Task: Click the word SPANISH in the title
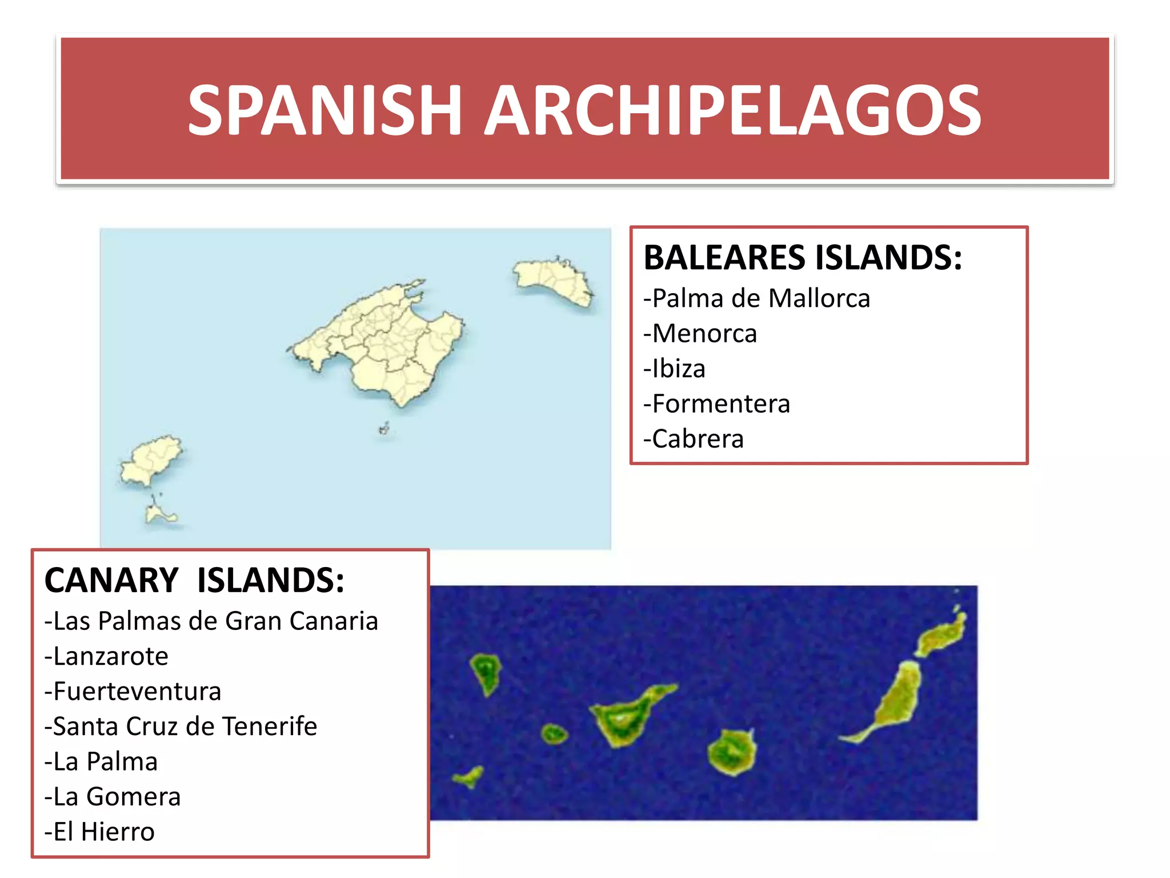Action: (324, 110)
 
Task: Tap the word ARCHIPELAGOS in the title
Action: (733, 110)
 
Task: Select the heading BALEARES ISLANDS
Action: (803, 257)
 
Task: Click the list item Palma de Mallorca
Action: (757, 298)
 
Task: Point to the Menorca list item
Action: (700, 334)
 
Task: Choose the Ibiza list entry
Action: (675, 369)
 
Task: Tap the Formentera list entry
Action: (717, 404)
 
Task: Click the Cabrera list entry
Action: (694, 439)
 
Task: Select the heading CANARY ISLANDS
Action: (194, 580)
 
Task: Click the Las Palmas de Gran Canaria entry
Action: (211, 621)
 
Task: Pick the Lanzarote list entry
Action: (107, 656)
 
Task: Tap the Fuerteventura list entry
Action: (133, 692)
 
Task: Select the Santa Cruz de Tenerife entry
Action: (181, 727)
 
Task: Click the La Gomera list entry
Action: (113, 797)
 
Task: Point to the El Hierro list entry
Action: (99, 832)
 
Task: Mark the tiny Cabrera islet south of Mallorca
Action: (384, 429)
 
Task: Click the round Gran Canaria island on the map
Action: (731, 752)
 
